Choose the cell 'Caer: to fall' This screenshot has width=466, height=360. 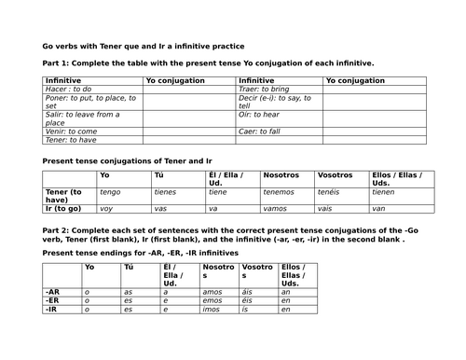[x=262, y=132]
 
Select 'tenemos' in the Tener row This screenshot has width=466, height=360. [x=279, y=192]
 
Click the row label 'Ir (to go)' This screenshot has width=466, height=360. [x=63, y=208]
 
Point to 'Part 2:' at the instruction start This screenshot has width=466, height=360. [x=58, y=228]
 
